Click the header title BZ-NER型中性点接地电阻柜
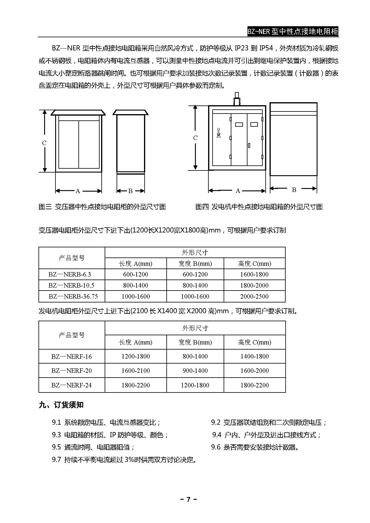point(293,32)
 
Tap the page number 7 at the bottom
point(188,499)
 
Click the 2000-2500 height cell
point(254,296)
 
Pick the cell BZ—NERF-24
point(72,385)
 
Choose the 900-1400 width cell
point(195,370)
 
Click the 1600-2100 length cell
point(135,370)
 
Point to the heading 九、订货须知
point(61,405)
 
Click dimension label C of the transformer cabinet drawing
point(44,143)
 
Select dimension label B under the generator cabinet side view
point(294,190)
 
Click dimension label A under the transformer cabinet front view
point(78,191)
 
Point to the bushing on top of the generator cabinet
point(237,99)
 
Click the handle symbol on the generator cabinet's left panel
point(219,133)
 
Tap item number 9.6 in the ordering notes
point(216,447)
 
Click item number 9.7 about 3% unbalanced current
point(56,460)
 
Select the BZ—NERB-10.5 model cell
point(71,285)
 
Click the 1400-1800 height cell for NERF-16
point(254,356)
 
